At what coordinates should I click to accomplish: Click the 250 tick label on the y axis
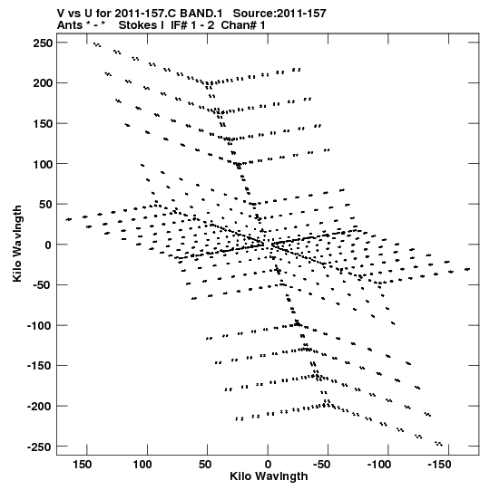(x=43, y=43)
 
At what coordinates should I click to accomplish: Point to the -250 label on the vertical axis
(x=39, y=447)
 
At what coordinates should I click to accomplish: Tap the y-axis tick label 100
(x=43, y=164)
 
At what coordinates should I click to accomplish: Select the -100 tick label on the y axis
(x=39, y=326)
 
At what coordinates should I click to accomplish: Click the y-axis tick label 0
(x=48, y=245)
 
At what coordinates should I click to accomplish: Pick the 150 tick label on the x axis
(x=82, y=465)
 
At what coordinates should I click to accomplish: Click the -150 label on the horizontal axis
(x=439, y=465)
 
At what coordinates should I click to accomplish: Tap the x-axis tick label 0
(x=268, y=465)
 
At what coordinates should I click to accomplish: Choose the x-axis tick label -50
(x=322, y=465)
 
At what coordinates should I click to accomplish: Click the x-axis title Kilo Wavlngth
(x=269, y=476)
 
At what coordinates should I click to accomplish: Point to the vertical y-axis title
(x=17, y=244)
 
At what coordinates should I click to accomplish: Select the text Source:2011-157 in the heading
(x=279, y=14)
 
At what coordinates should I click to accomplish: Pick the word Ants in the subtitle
(x=69, y=25)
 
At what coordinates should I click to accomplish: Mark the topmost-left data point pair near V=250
(x=97, y=45)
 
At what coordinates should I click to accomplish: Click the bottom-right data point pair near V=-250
(x=438, y=444)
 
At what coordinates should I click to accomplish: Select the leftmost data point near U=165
(x=69, y=219)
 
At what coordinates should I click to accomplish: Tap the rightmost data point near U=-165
(x=467, y=269)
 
